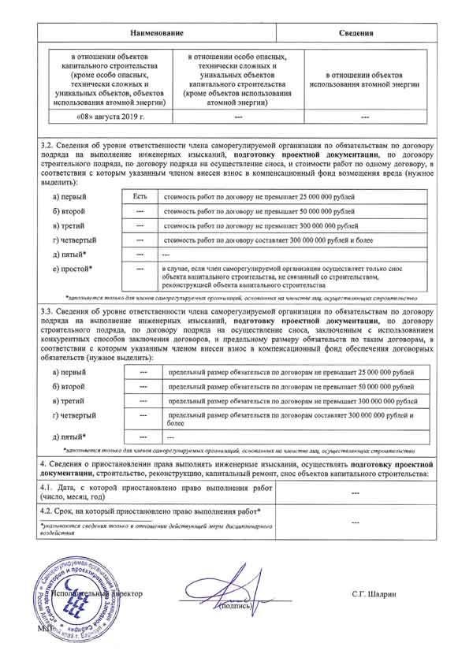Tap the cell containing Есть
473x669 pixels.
tap(140, 194)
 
